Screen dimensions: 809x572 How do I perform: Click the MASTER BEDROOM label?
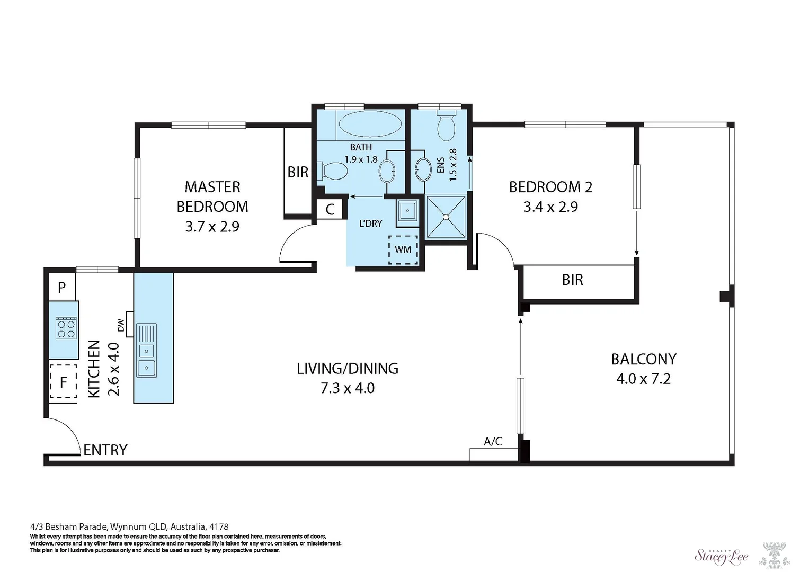212,197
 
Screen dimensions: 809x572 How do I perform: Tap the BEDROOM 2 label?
551,187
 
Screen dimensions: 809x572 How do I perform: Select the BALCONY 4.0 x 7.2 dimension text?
644,379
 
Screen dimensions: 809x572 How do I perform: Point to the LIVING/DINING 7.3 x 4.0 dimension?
348,388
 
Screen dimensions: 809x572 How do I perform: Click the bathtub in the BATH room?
370,124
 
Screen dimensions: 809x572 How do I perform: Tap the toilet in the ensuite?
447,126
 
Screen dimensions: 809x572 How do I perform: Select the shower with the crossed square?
447,217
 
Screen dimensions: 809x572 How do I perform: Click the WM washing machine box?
403,249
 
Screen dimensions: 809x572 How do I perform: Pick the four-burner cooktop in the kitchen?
66,328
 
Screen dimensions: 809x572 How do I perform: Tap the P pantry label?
62,288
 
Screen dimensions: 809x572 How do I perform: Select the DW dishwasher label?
121,325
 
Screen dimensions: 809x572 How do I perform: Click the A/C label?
493,441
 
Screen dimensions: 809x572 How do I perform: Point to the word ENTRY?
105,450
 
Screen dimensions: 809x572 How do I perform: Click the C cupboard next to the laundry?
330,209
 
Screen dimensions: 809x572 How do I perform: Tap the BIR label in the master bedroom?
298,172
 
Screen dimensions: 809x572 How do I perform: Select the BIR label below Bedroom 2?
572,280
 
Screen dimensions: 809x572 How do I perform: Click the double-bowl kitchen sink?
146,351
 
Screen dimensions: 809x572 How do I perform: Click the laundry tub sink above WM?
407,211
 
